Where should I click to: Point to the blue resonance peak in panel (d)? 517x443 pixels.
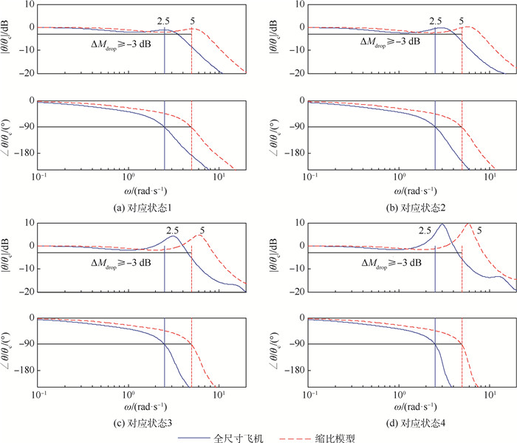pyautogui.click(x=442, y=224)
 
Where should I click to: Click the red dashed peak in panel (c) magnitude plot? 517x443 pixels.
pyautogui.click(x=200, y=235)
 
